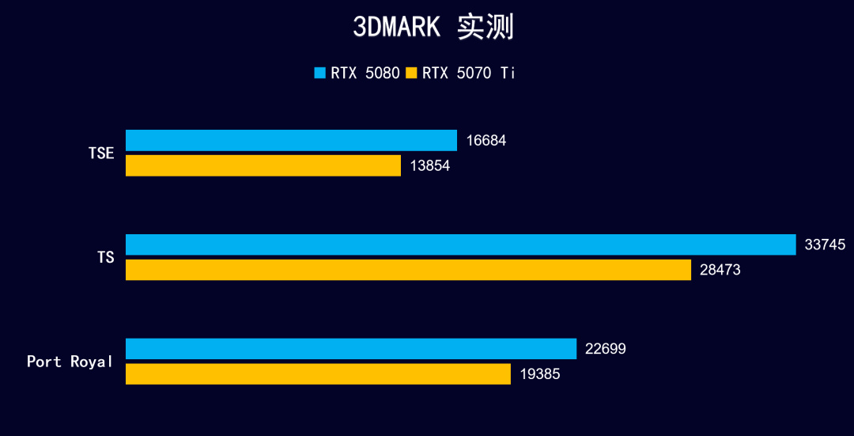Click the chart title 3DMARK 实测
(433, 27)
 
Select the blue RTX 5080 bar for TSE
(291, 140)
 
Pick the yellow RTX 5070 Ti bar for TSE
(263, 165)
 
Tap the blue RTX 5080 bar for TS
(460, 245)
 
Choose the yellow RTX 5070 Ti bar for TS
(408, 270)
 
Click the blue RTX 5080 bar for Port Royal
(351, 349)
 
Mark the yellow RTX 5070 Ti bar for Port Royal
(318, 374)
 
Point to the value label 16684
(486, 141)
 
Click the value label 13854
(430, 166)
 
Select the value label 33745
(825, 245)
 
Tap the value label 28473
(720, 271)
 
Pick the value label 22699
(606, 349)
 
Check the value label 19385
(540, 374)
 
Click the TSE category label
(101, 154)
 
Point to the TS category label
(105, 258)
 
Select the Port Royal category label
(70, 362)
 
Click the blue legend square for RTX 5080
(320, 73)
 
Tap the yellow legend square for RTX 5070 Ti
(411, 73)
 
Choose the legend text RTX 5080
(365, 73)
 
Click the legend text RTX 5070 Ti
(469, 73)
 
